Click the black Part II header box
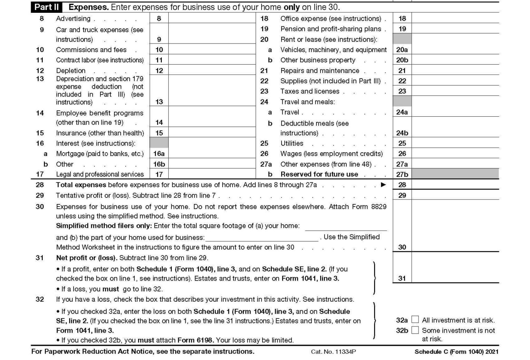(x=46, y=7)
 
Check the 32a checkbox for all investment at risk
(x=415, y=320)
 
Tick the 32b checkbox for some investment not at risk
(x=415, y=330)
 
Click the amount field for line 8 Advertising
(x=211, y=19)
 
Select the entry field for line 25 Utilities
(x=455, y=143)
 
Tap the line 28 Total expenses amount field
(x=455, y=185)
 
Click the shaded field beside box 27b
(x=455, y=174)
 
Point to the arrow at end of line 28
(x=383, y=185)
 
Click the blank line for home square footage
(x=346, y=226)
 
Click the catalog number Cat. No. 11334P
(x=333, y=352)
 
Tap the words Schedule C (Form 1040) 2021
(x=456, y=352)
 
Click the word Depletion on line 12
(x=71, y=71)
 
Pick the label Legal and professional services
(x=100, y=174)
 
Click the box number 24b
(x=402, y=133)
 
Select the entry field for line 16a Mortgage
(x=211, y=154)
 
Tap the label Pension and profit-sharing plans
(x=331, y=29)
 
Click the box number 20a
(x=402, y=50)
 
